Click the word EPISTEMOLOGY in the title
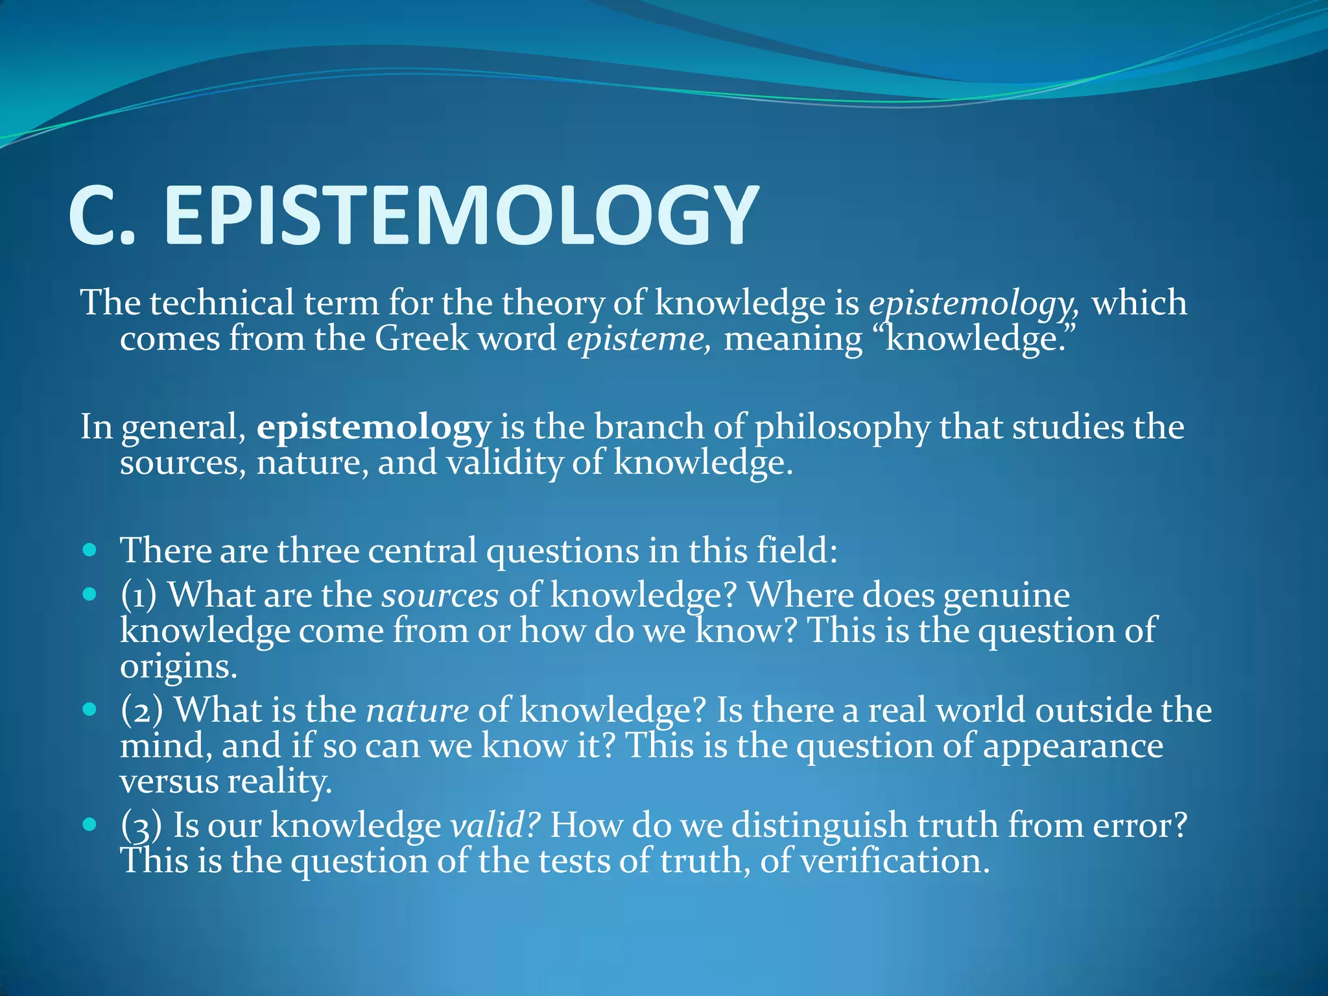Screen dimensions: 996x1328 point(460,215)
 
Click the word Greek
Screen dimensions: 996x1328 point(421,338)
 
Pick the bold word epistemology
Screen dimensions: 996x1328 point(373,428)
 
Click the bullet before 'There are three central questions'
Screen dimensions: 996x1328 point(90,551)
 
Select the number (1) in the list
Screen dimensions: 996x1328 point(139,595)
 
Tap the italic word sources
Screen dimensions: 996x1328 point(440,595)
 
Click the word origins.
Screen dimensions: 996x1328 point(178,667)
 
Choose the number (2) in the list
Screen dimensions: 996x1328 point(141,710)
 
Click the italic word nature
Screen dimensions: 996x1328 point(417,710)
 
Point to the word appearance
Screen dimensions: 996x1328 point(1073,746)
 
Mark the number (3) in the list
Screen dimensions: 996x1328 point(141,825)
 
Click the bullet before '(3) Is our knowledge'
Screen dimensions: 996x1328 point(90,824)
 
